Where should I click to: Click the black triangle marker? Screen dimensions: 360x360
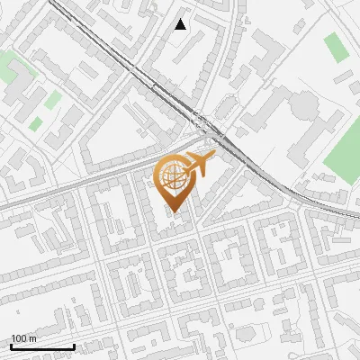[181, 24]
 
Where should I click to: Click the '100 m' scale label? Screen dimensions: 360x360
[23, 338]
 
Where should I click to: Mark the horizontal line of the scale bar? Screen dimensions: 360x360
[42, 346]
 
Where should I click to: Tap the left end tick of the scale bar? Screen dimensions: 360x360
[11, 346]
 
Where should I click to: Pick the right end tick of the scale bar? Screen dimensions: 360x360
[74, 346]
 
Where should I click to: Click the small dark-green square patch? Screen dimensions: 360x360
[36, 124]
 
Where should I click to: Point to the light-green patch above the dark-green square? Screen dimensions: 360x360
[53, 99]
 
